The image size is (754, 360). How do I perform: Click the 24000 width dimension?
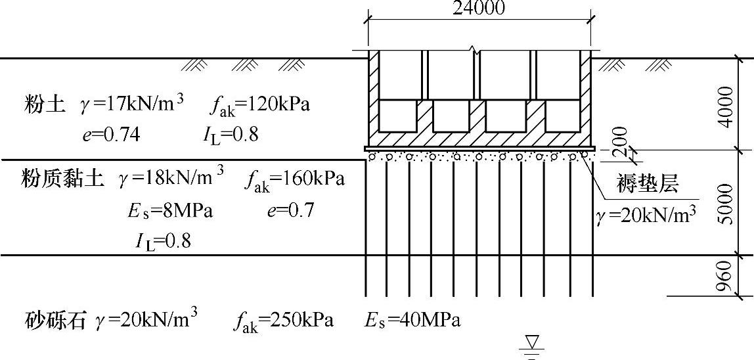[x=479, y=8]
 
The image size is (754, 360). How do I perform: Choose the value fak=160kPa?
[x=296, y=179]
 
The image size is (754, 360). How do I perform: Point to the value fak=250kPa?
[x=283, y=321]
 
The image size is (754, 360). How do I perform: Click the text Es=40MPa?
[x=412, y=321]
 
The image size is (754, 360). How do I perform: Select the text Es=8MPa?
[x=170, y=212]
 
